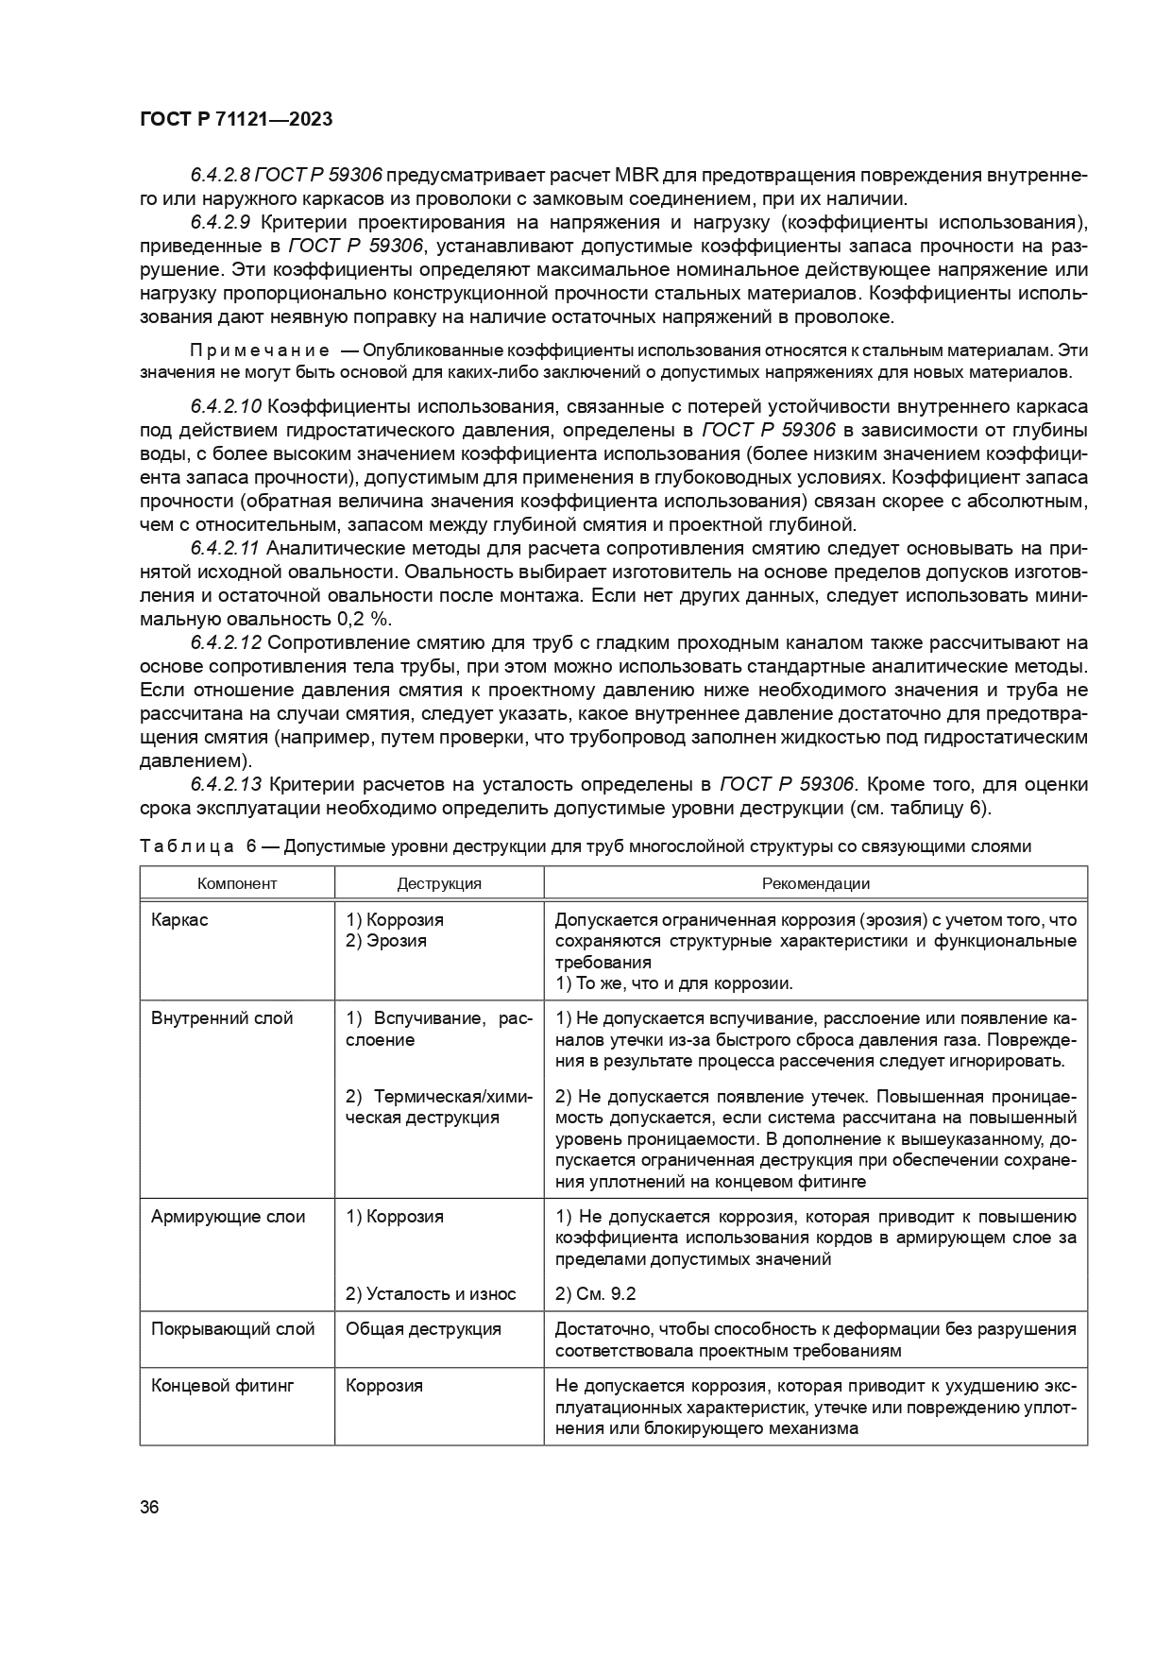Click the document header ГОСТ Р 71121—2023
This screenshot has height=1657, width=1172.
235,120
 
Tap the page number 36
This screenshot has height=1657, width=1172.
149,1507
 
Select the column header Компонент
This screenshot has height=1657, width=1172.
237,883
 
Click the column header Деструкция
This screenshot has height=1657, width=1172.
439,883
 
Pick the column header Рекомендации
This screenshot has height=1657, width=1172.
815,883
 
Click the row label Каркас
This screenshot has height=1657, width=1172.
179,919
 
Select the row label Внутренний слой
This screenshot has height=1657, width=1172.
222,1018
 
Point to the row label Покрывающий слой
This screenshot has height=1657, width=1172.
232,1329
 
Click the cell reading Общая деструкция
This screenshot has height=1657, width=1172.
423,1329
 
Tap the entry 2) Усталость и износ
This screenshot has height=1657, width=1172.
431,1294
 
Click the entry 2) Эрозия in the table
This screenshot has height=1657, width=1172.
386,941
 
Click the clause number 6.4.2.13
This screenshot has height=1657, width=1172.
226,785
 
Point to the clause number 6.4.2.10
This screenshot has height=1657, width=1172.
226,407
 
